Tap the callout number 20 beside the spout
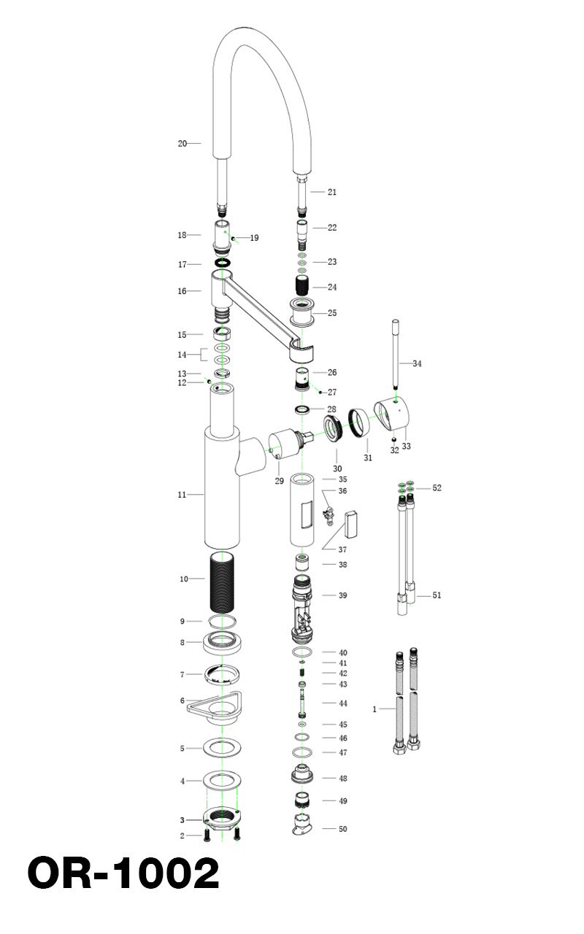coord(182,144)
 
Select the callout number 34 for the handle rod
coord(417,363)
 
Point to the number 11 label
coord(182,495)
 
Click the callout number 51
coord(437,595)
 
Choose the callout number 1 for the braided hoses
coord(374,709)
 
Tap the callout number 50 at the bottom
coord(343,830)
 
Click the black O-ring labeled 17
coord(223,263)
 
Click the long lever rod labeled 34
coord(396,354)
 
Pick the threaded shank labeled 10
coord(223,582)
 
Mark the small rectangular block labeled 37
coord(351,525)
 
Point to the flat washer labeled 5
coord(223,748)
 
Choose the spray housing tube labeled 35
coord(302,509)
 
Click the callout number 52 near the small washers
coord(437,488)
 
